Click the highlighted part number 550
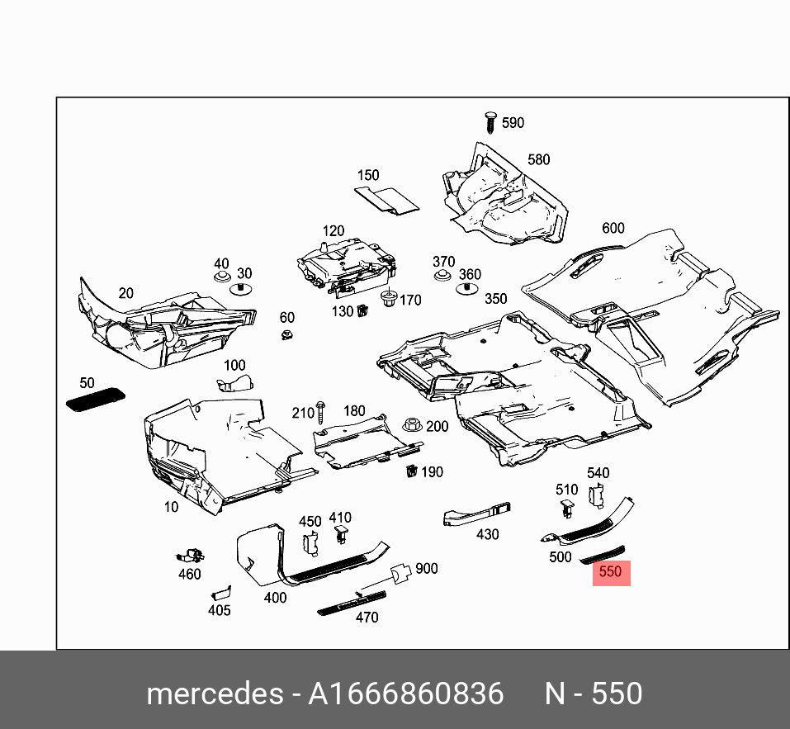(611, 571)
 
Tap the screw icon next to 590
(489, 122)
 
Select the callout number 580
(538, 159)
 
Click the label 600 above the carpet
(613, 228)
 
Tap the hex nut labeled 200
(410, 425)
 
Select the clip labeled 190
(410, 471)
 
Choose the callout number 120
(333, 230)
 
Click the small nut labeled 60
(286, 334)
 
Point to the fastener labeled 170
(387, 299)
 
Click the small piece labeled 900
(400, 572)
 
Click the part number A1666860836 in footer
(405, 693)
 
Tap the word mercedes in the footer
(215, 693)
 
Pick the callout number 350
(495, 299)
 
